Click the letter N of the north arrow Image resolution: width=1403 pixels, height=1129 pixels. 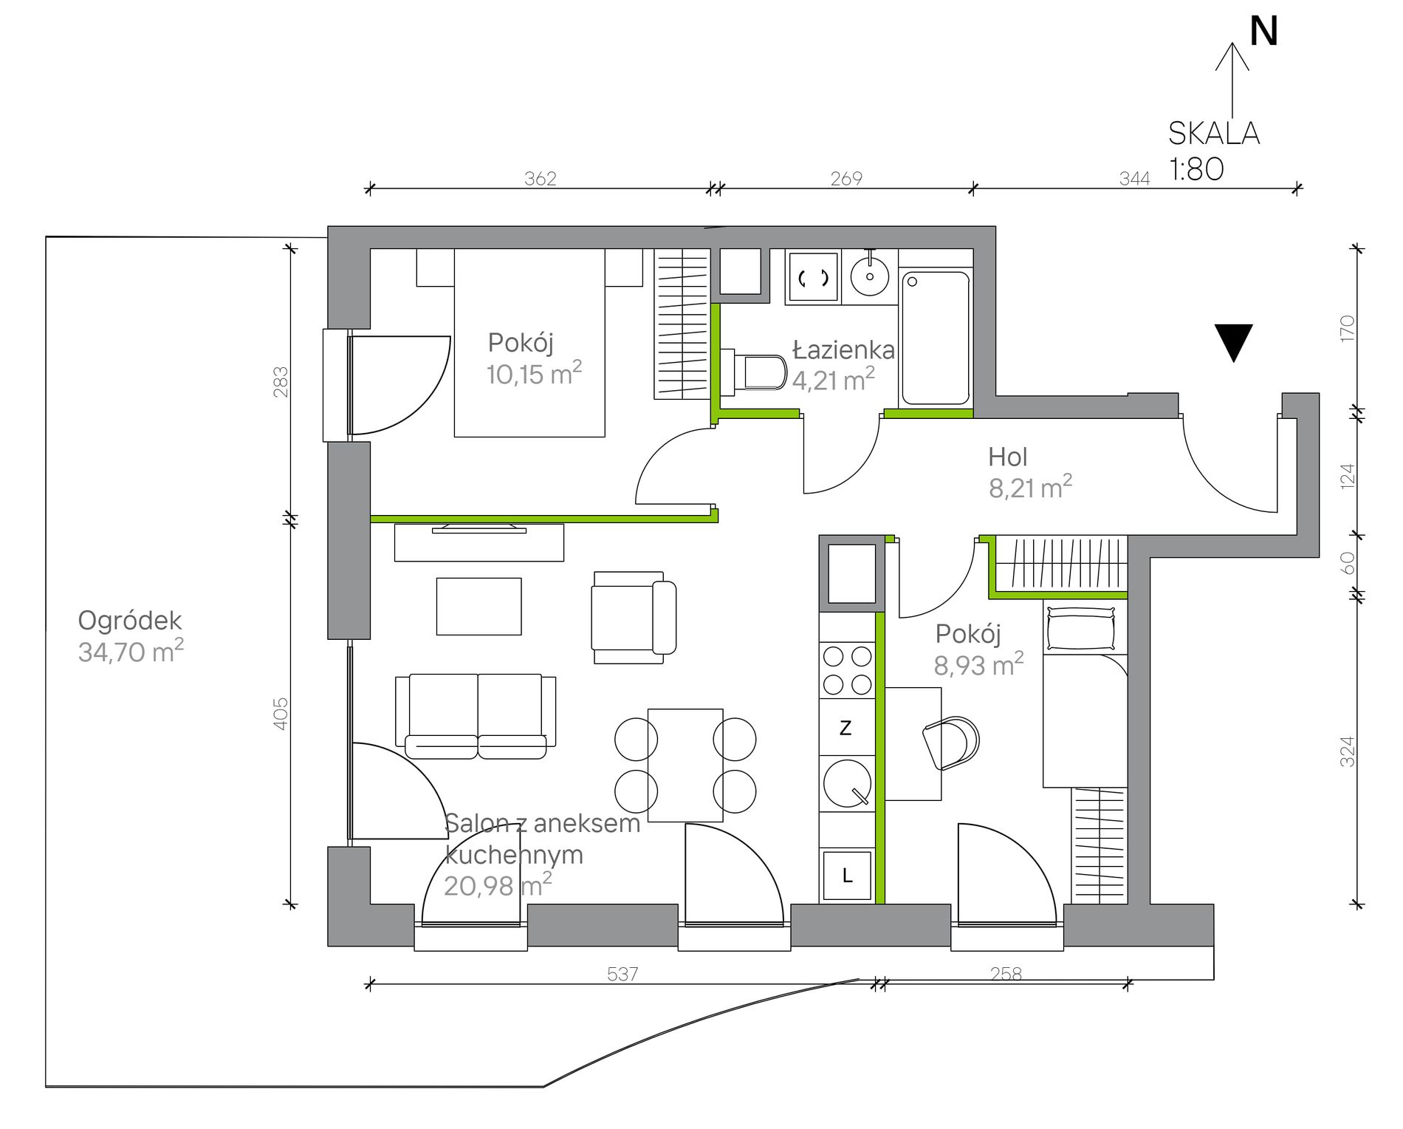[1263, 32]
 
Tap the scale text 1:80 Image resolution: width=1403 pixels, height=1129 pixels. [1196, 169]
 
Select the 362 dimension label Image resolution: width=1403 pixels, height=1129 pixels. [540, 178]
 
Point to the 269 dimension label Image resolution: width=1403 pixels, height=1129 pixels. [846, 178]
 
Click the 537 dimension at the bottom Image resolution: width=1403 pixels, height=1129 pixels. [622, 974]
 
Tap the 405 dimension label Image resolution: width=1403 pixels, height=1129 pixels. [281, 714]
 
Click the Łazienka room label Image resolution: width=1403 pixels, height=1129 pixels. [843, 349]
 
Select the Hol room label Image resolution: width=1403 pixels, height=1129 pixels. [1007, 457]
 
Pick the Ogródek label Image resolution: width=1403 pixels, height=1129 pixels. [130, 621]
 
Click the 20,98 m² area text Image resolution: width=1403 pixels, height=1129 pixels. [498, 884]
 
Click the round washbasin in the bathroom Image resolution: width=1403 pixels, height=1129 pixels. [870, 276]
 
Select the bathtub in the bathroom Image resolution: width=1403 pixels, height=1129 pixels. [936, 338]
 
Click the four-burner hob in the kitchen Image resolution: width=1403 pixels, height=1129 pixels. [847, 670]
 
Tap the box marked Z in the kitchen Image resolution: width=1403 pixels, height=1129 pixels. [847, 727]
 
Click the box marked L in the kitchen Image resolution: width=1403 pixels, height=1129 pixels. [847, 876]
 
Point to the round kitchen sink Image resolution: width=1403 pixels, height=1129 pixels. [848, 782]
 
